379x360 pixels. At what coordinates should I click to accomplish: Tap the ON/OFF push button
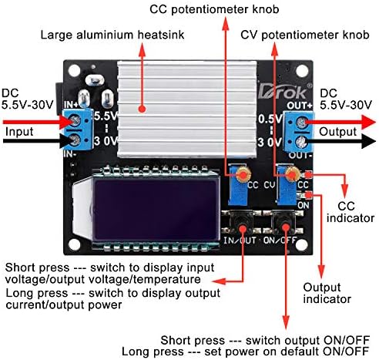coord(287,225)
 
